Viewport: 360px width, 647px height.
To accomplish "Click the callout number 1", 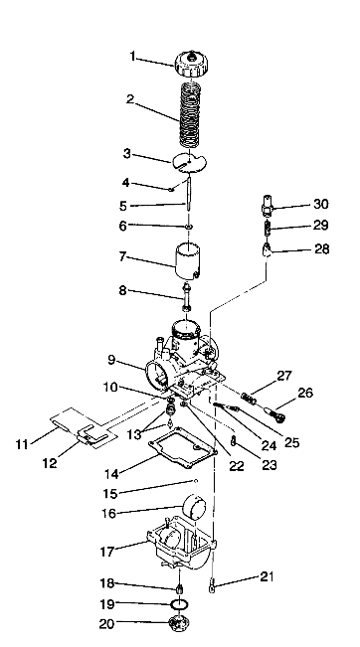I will click(x=131, y=57).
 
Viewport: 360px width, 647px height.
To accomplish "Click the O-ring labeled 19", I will click(x=178, y=605).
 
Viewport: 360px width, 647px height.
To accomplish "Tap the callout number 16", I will click(x=136, y=513).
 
